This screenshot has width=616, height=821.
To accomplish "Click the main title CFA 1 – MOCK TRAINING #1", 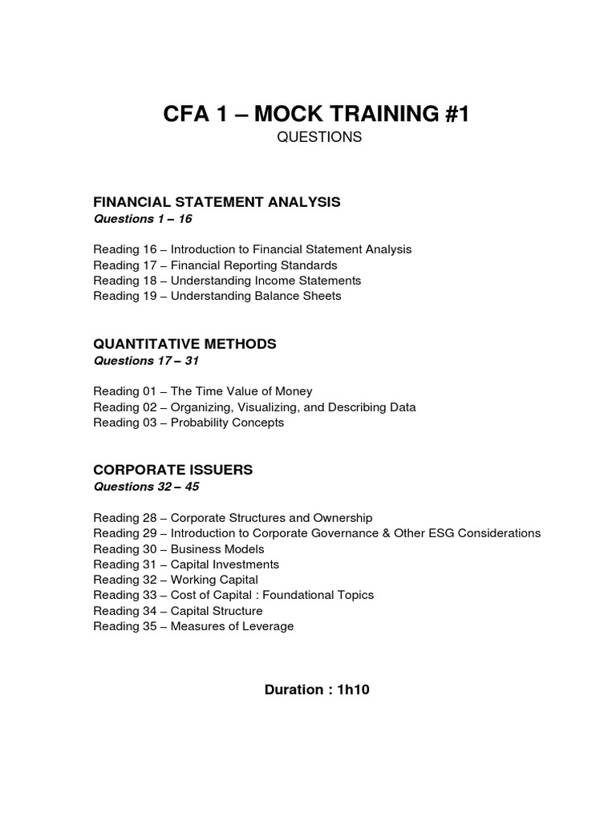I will tap(317, 114).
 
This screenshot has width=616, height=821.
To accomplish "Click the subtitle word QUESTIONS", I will tap(319, 138).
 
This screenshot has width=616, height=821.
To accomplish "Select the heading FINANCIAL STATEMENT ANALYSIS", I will tap(217, 202).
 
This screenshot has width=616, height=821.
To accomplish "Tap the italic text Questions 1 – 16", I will tap(143, 219).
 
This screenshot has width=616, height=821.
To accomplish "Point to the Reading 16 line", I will tap(252, 249).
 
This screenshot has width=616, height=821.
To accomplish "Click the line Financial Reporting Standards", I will tap(215, 265).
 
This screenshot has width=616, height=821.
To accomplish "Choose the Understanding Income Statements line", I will tap(227, 281).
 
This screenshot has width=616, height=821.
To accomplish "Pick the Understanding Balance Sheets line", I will tap(217, 296).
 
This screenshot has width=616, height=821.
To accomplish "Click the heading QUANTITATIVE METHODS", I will tap(184, 344).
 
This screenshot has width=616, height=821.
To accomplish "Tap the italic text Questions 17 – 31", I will tap(146, 361).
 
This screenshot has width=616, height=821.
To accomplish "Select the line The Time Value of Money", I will tap(203, 392).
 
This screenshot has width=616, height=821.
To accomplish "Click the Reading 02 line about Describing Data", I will tap(254, 407).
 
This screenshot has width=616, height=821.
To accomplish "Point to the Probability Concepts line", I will tap(188, 423).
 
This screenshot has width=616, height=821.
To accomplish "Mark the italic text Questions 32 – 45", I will tap(146, 487).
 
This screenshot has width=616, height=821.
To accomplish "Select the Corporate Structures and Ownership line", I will tap(233, 518).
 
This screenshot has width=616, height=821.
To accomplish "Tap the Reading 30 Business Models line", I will tap(178, 549).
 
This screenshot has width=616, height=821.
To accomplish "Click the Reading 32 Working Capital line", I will tap(176, 580).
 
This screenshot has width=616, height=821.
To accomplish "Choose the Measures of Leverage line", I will tap(193, 626).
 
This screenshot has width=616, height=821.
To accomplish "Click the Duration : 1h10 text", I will tap(317, 690).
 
